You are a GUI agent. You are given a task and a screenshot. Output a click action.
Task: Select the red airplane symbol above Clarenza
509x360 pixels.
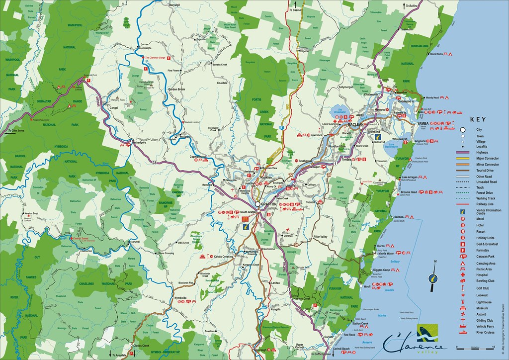click(x=288, y=229)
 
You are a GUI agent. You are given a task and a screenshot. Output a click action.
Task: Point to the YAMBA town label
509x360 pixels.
click(x=423, y=123)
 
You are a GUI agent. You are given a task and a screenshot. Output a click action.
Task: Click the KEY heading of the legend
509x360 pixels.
click(x=477, y=120)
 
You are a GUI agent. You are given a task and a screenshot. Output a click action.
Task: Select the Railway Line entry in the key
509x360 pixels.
click(x=485, y=204)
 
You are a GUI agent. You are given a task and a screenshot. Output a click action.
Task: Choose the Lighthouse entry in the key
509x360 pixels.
click(x=484, y=302)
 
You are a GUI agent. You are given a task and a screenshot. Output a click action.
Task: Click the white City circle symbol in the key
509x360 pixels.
click(x=463, y=130)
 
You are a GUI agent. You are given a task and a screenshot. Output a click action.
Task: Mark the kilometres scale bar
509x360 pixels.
click(x=467, y=347)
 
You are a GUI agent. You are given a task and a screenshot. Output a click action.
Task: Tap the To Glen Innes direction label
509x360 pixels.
click(x=16, y=131)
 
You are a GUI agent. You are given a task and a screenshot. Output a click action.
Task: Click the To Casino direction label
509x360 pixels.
click(x=296, y=10)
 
